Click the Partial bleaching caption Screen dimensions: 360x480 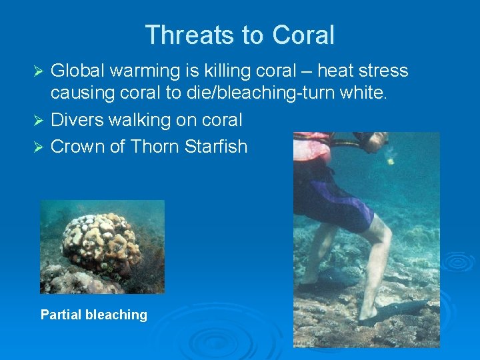click(x=94, y=315)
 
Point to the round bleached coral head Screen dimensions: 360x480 click(x=100, y=243)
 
